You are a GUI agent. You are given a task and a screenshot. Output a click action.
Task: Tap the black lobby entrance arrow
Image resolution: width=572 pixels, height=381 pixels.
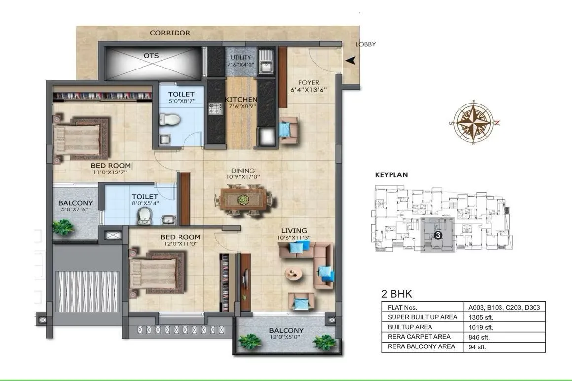pyautogui.click(x=351, y=61)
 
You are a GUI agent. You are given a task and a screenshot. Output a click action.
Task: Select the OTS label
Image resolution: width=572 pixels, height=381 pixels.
pyautogui.click(x=151, y=56)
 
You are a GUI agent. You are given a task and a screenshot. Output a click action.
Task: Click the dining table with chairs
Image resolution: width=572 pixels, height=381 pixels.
pyautogui.click(x=243, y=200)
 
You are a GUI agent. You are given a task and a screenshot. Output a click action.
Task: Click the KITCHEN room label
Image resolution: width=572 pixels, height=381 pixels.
pyautogui.click(x=241, y=100)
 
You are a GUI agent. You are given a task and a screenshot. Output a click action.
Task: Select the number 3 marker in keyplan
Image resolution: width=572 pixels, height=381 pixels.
pyautogui.click(x=437, y=236)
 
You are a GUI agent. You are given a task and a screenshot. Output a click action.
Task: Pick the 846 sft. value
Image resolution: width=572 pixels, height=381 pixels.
pyautogui.click(x=479, y=337)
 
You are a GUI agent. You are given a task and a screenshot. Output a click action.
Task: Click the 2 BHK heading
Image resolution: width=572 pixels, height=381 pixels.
pyautogui.click(x=397, y=294)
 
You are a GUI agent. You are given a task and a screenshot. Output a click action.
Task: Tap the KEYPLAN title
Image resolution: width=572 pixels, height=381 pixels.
pyautogui.click(x=392, y=174)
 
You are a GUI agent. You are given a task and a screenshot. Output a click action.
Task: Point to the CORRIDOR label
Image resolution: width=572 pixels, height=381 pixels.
pyautogui.click(x=170, y=33)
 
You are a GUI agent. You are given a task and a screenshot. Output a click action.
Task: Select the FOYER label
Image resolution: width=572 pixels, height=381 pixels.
pyautogui.click(x=309, y=82)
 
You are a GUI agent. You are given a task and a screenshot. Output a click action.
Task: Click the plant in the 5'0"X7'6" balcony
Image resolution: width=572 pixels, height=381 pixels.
pyautogui.click(x=63, y=227)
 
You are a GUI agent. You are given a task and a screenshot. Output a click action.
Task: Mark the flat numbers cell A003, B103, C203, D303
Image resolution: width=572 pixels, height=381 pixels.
pyautogui.click(x=504, y=307)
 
